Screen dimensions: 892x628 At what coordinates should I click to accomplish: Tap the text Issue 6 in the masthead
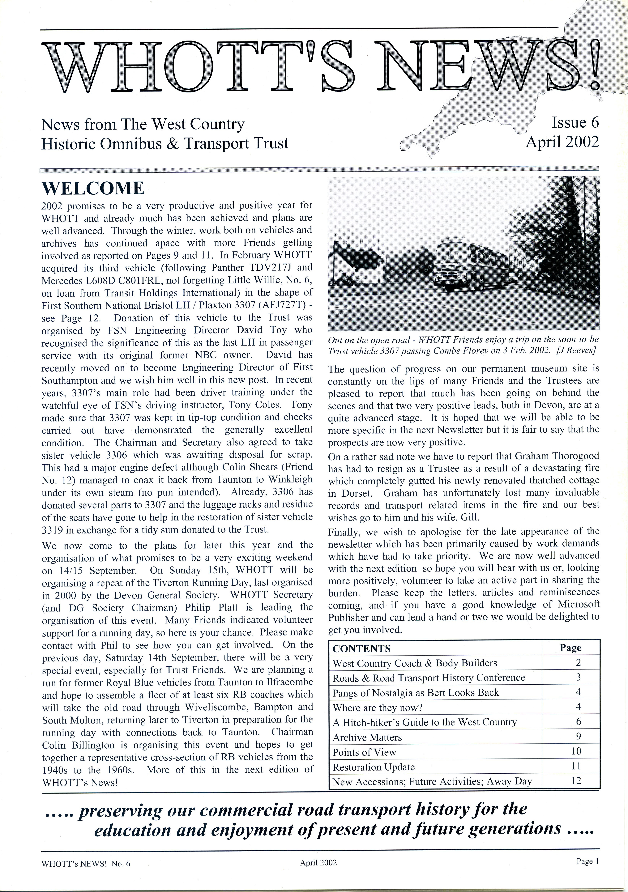click(575, 123)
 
